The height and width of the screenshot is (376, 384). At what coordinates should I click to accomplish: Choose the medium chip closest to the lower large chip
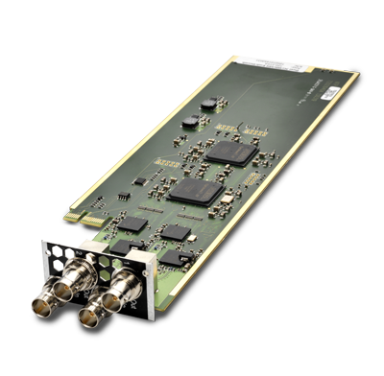click(175, 231)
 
